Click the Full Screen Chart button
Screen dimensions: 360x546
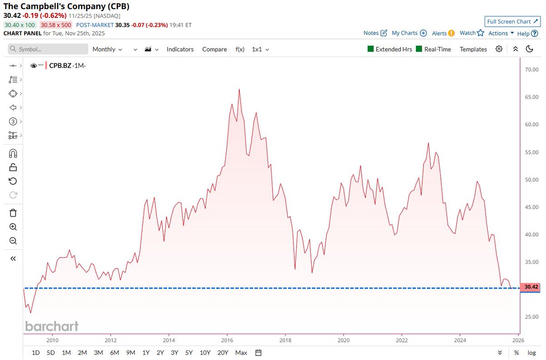point(512,21)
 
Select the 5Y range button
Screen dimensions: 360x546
point(188,353)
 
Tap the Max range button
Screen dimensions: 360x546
point(241,353)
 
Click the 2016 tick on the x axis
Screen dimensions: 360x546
point(227,340)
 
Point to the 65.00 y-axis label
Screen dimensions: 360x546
point(531,97)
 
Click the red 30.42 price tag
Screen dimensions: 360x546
point(531,287)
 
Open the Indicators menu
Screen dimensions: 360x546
point(180,49)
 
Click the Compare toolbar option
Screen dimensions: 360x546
point(214,49)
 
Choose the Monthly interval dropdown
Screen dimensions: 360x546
point(107,49)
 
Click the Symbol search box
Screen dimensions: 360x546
point(48,49)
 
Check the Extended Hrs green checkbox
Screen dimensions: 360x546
point(370,49)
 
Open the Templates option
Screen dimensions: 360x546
point(473,49)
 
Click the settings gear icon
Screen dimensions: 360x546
point(499,49)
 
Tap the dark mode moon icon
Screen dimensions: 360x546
point(529,49)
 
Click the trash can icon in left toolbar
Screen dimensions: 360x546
point(13,213)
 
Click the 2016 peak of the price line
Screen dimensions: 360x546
point(239,89)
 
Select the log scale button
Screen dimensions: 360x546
point(531,353)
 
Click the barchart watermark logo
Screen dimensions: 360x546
point(51,326)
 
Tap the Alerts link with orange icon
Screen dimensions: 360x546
point(443,33)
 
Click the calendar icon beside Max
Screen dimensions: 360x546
point(258,353)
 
